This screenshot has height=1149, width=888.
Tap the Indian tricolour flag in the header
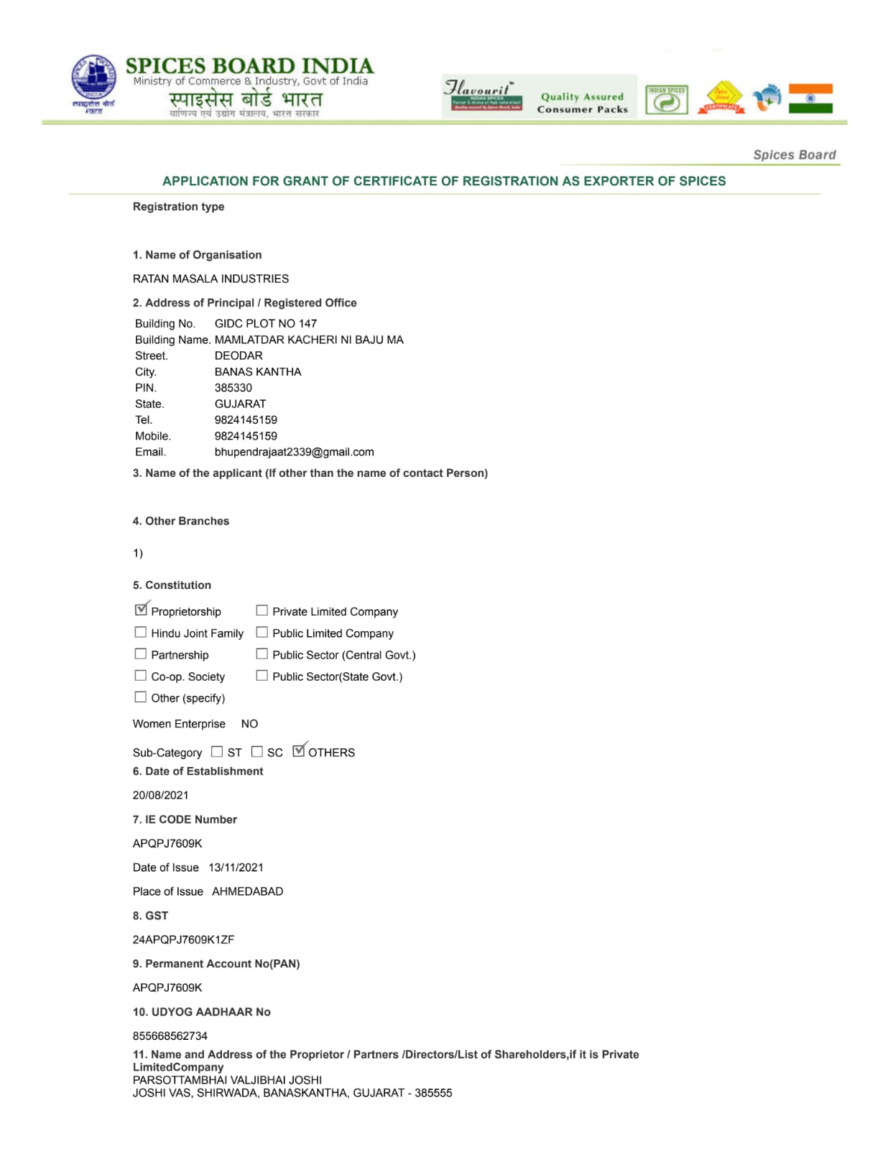[810, 98]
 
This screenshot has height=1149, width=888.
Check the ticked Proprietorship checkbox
[141, 610]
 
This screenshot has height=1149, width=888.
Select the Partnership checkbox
[141, 653]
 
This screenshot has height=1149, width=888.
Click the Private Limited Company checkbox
[262, 610]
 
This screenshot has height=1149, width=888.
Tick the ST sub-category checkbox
[217, 751]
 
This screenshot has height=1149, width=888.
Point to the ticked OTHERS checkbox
[299, 750]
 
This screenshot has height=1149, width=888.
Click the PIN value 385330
[233, 388]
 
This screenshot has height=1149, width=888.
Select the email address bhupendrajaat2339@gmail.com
[294, 452]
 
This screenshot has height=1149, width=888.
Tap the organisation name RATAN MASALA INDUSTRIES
[211, 279]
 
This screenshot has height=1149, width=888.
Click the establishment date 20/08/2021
[160, 795]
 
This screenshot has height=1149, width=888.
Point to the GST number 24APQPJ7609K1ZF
[183, 939]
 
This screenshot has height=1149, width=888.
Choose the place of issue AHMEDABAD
[247, 891]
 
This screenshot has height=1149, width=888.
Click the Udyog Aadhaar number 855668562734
[170, 1036]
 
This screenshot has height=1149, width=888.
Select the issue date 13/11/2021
[236, 867]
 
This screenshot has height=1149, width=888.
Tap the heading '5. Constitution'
[172, 585]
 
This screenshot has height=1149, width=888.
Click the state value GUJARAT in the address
[240, 404]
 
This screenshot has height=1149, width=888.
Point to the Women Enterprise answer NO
[249, 724]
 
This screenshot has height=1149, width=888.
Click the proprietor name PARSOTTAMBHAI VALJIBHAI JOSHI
[227, 1080]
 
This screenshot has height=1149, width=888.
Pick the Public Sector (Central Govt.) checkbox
[262, 653]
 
